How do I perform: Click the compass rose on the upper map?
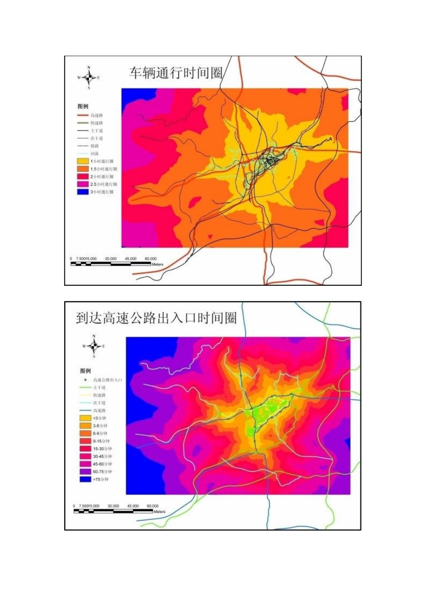89,78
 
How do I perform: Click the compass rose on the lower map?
94,346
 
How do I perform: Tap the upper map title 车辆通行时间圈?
176,73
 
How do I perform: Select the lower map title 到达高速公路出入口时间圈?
156,318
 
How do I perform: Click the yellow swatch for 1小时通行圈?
83,161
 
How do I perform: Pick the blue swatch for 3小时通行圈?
83,192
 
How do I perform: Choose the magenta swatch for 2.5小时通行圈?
83,184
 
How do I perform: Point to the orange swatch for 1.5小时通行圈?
83,169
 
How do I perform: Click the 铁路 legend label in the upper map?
95,146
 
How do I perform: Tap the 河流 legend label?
95,153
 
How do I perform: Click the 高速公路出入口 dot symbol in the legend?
85,380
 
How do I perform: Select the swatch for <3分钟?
85,418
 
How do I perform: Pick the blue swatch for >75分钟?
85,479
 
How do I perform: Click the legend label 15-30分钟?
102,449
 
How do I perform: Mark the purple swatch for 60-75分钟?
85,472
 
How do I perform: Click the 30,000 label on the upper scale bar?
111,259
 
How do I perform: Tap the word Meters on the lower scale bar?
159,511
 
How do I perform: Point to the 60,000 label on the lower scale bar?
152,506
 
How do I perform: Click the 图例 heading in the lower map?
85,371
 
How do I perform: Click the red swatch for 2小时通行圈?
83,176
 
